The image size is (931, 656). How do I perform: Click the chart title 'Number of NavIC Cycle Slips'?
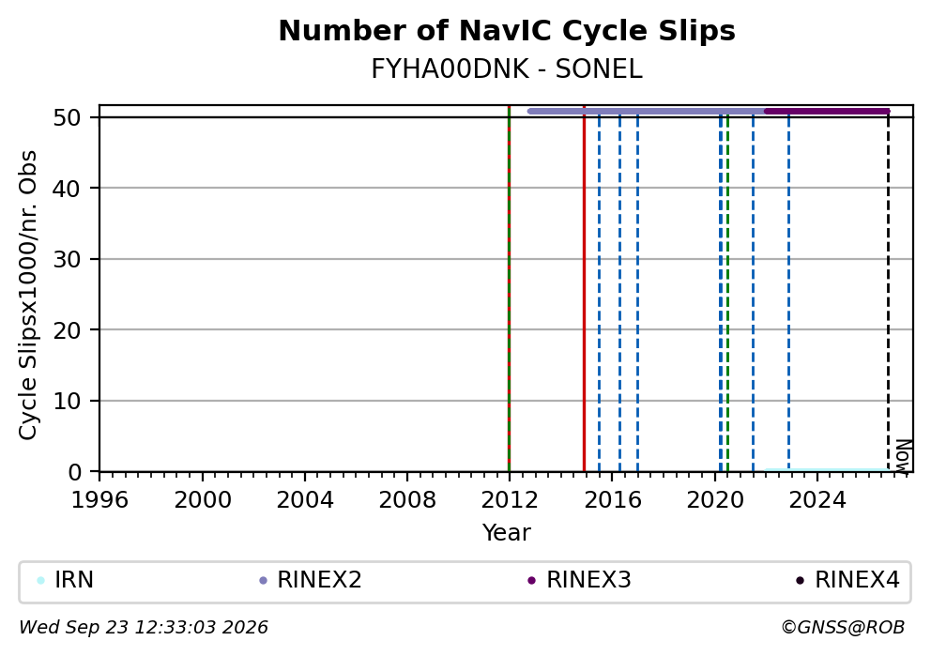pyautogui.click(x=507, y=31)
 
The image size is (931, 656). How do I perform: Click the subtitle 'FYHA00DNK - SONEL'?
pyautogui.click(x=507, y=69)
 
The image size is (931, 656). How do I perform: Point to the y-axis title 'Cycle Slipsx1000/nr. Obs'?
pyautogui.click(x=28, y=295)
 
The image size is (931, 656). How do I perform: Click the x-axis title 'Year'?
pyautogui.click(x=507, y=532)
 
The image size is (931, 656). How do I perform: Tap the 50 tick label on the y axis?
pyautogui.click(x=67, y=117)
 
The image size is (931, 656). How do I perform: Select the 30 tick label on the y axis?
pyautogui.click(x=67, y=259)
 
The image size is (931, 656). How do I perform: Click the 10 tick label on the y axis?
pyautogui.click(x=67, y=402)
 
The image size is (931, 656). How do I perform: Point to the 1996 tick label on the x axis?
pyautogui.click(x=99, y=500)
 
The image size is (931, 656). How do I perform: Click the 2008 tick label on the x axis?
pyautogui.click(x=407, y=500)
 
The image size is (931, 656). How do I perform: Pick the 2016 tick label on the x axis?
pyautogui.click(x=613, y=500)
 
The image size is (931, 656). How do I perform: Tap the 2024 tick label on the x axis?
pyautogui.click(x=817, y=500)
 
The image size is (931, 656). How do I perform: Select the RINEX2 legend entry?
pyautogui.click(x=311, y=580)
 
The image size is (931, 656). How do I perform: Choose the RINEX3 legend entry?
pyautogui.click(x=579, y=580)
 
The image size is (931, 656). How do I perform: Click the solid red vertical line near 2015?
pyautogui.click(x=585, y=288)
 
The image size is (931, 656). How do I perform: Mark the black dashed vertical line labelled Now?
pyautogui.click(x=888, y=292)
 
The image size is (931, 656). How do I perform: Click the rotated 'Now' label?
pyautogui.click(x=903, y=456)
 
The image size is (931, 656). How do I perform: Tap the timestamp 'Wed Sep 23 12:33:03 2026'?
pyautogui.click(x=144, y=628)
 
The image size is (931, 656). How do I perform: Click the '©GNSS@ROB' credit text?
pyautogui.click(x=843, y=628)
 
